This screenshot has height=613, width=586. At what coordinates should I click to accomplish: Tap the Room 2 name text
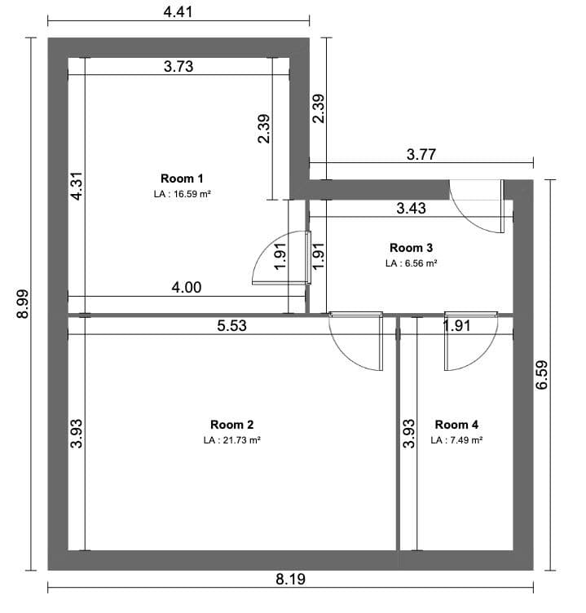(x=232, y=425)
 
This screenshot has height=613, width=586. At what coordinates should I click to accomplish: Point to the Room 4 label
(x=456, y=425)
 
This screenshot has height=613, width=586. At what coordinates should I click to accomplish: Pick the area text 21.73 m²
(x=232, y=440)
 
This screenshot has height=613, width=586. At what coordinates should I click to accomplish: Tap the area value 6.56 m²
(x=411, y=263)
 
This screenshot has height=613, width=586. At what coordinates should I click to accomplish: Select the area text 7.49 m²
(x=456, y=440)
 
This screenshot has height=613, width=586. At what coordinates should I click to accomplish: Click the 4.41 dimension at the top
(x=178, y=11)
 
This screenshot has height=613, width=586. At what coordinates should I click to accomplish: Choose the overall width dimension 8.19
(x=290, y=580)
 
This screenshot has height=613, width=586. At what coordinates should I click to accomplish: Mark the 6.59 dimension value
(x=543, y=375)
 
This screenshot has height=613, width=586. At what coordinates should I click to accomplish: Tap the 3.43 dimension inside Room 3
(x=411, y=208)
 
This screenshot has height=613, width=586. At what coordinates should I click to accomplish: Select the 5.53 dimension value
(x=231, y=326)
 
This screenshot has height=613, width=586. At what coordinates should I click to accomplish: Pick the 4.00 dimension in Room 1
(x=186, y=287)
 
